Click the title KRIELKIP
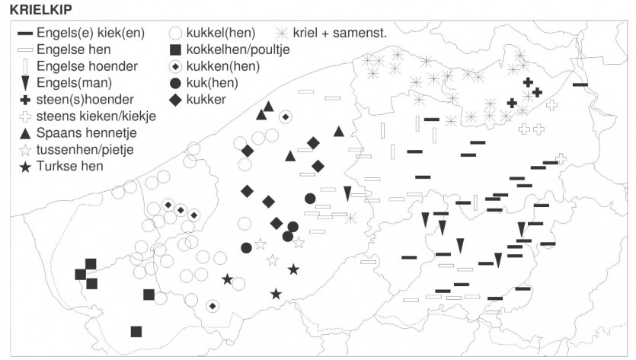tap(40, 9)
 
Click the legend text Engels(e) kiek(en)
tap(91, 33)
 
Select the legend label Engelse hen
tap(73, 49)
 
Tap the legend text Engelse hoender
tap(87, 66)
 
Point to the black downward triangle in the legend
tap(25, 83)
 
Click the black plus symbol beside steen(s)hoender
tap(25, 100)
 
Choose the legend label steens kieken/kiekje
tap(96, 116)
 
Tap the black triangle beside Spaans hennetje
tap(25, 133)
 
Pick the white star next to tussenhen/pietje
tap(25, 150)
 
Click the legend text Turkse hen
tap(70, 166)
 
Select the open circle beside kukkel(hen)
tap(175, 33)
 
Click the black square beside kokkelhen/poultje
tap(175, 50)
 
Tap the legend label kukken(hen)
tap(223, 66)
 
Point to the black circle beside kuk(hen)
tap(175, 83)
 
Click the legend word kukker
tap(206, 100)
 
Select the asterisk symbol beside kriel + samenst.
tap(282, 33)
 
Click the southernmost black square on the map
tap(136, 332)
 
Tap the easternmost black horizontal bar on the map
tap(580, 84)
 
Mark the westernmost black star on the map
tap(228, 279)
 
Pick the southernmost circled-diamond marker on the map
tap(213, 306)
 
